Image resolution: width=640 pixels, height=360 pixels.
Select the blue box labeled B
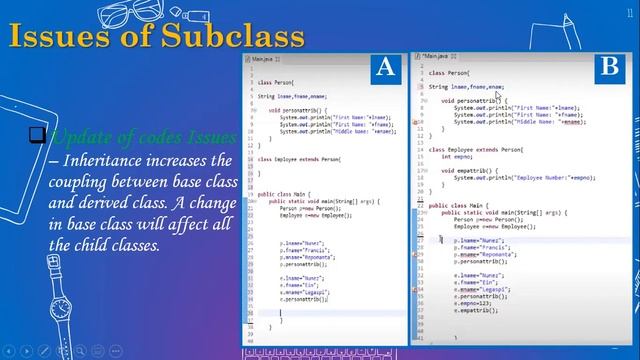[x=609, y=68]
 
